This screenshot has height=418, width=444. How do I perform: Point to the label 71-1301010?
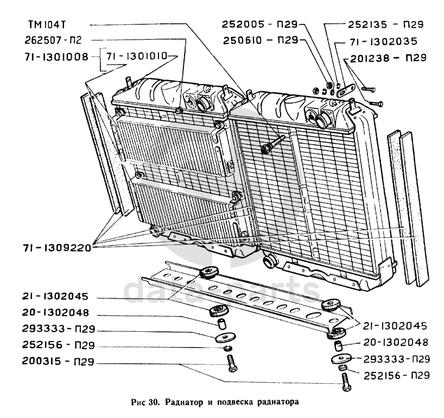[x=136, y=56]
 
